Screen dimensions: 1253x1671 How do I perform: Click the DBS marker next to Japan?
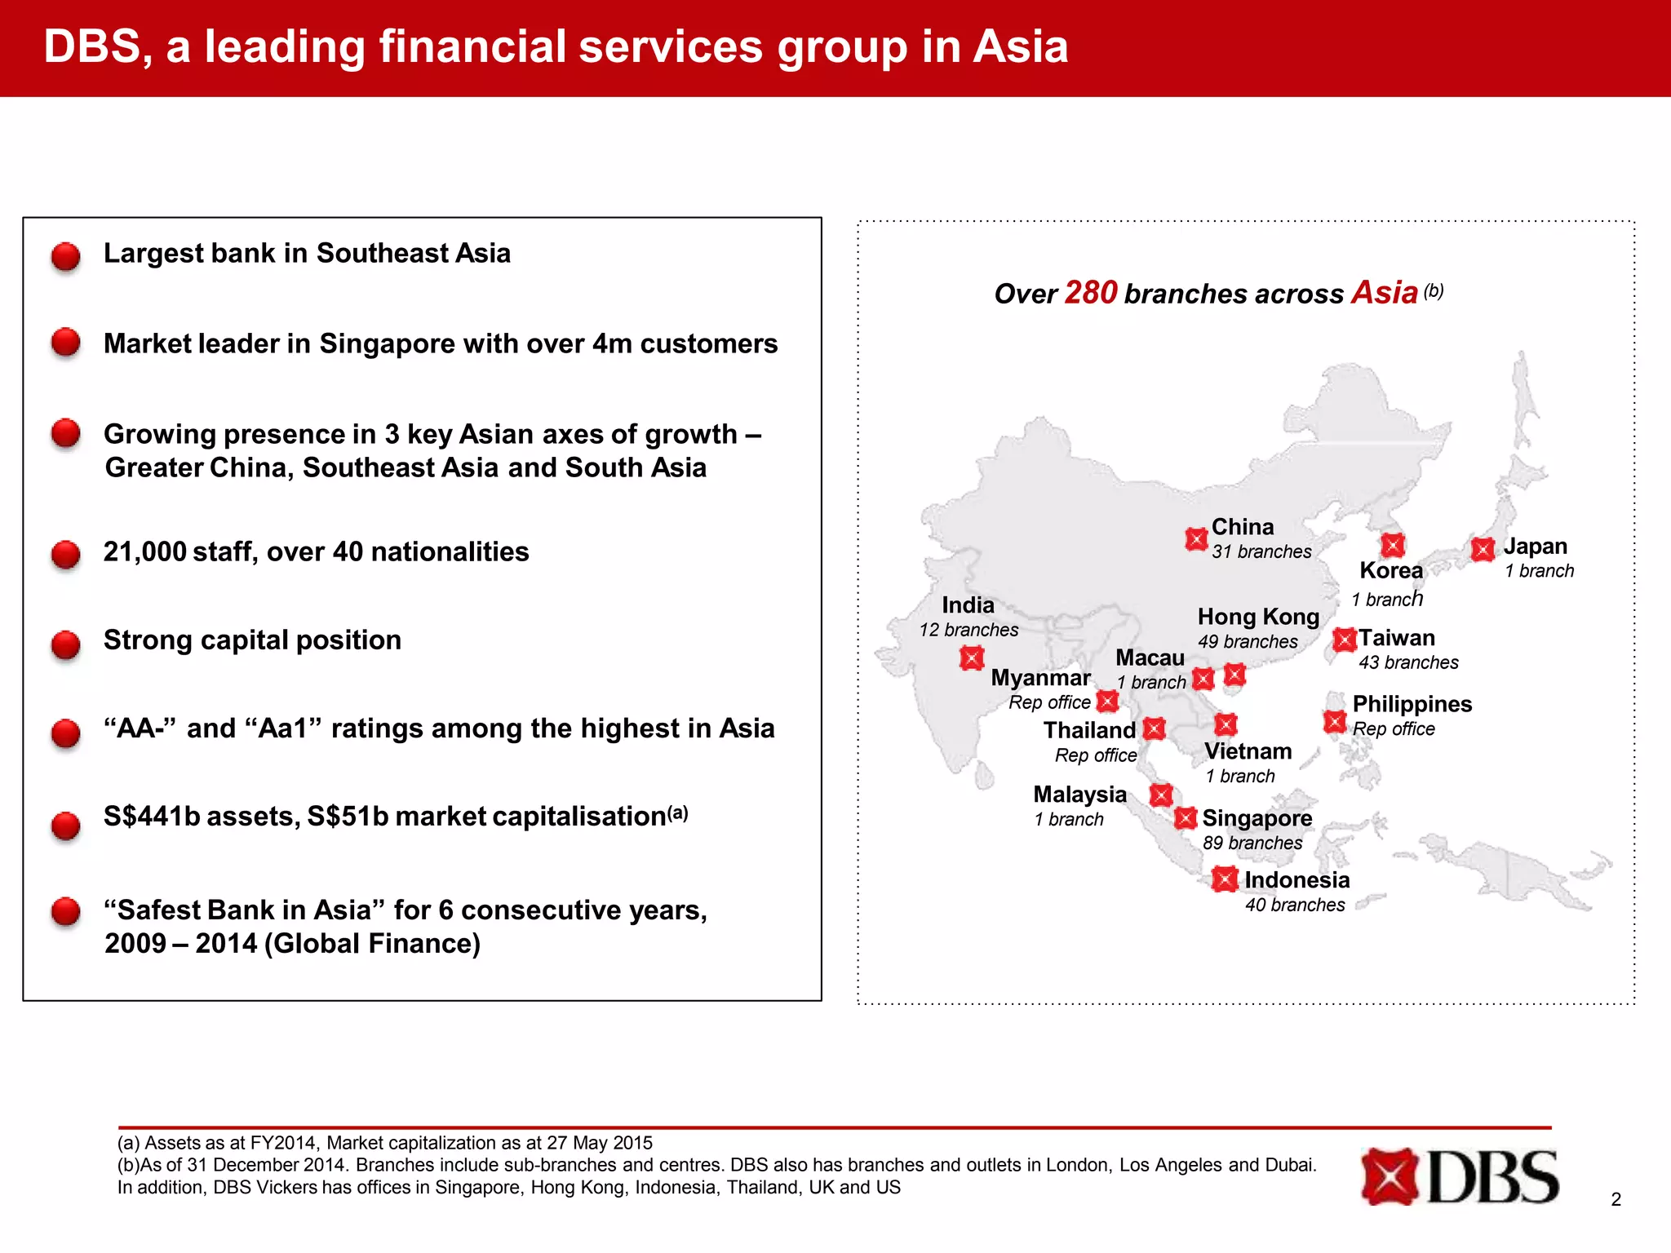[x=1483, y=549]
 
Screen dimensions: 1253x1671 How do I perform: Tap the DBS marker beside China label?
[x=1196, y=539]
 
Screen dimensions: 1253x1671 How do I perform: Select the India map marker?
[x=971, y=657]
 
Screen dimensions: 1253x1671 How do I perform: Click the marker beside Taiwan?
[x=1344, y=640]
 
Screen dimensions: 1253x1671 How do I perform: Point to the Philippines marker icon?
[x=1334, y=722]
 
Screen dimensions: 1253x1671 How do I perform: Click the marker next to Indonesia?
[x=1224, y=879]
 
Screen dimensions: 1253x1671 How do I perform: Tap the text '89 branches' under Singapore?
[x=1252, y=843]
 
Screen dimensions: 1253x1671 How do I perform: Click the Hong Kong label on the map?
[x=1258, y=617]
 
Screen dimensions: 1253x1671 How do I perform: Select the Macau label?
[x=1150, y=657]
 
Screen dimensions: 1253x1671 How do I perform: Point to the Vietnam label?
[x=1248, y=751]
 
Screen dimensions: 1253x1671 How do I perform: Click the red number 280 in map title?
[x=1090, y=293]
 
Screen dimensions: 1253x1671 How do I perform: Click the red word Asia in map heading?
[x=1384, y=293]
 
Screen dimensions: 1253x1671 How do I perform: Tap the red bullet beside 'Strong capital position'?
[x=66, y=644]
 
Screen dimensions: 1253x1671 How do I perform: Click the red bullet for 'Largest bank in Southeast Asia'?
[x=66, y=256]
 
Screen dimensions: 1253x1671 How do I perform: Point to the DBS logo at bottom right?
[x=1460, y=1176]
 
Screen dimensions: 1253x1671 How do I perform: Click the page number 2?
[x=1616, y=1199]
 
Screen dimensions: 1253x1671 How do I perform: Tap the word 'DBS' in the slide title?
[x=92, y=46]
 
